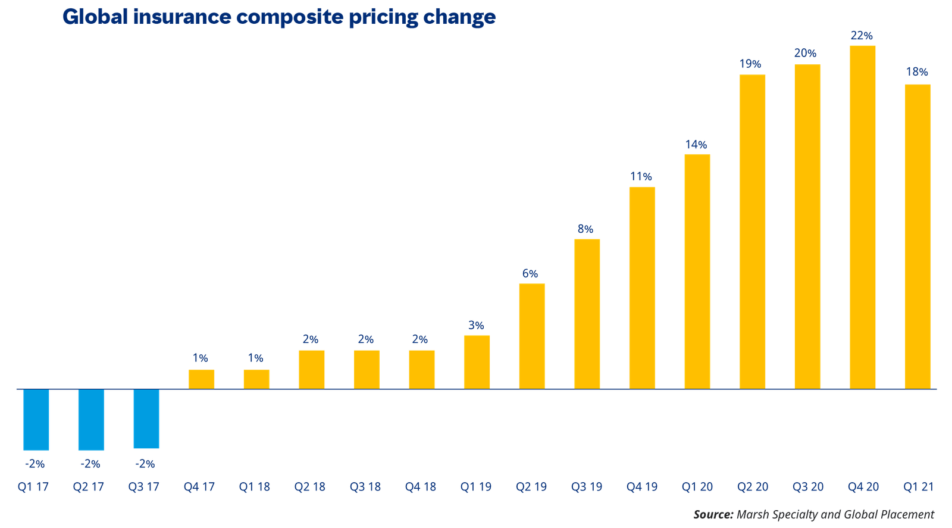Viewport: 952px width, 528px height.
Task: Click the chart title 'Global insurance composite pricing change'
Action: [278, 17]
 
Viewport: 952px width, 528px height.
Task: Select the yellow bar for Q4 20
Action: [862, 217]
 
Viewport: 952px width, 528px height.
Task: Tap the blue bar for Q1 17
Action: [36, 420]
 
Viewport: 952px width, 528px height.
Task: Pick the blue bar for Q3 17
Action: [146, 419]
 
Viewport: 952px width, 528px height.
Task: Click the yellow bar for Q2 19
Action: [531, 336]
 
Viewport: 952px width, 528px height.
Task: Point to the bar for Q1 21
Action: [917, 236]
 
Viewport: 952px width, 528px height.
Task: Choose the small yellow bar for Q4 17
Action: [201, 380]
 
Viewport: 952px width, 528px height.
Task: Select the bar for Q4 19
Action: [642, 288]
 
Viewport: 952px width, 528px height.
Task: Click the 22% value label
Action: [862, 36]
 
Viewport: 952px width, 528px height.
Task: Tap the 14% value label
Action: [696, 145]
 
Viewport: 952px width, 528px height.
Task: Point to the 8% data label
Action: [585, 229]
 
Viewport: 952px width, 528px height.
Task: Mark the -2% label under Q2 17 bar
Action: [90, 463]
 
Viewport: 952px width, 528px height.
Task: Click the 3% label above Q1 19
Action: [476, 325]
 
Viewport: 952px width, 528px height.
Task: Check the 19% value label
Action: [750, 64]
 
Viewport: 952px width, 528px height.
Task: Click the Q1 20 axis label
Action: [697, 487]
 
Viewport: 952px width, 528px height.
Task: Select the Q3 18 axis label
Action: [365, 487]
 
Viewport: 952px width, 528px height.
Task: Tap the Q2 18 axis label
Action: [310, 487]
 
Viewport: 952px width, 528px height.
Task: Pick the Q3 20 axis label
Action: [807, 487]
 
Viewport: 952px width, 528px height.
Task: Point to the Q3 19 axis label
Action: [587, 487]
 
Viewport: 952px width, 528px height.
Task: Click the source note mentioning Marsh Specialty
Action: [813, 514]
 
